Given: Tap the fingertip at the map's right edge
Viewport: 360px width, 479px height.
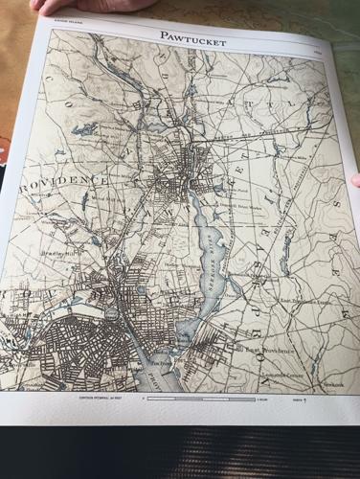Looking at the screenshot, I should coord(355,179).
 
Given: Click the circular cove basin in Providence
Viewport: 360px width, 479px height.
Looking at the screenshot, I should coord(113,312).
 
